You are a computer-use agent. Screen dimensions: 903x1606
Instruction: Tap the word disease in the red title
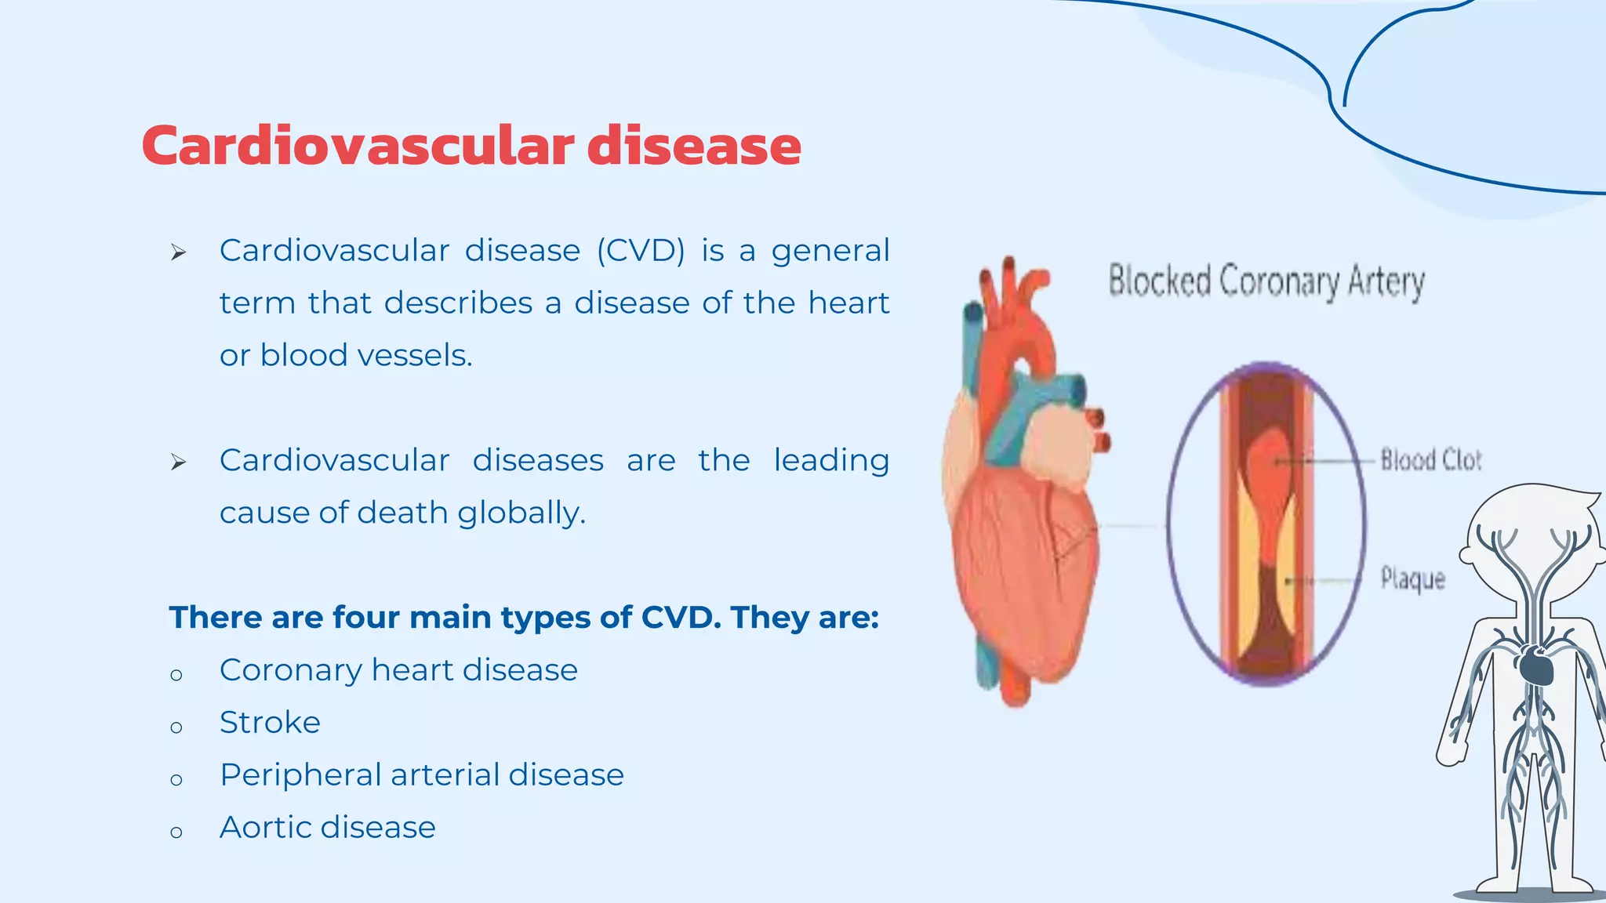[x=694, y=146]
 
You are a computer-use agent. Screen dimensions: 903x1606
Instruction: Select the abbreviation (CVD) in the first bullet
[x=641, y=251]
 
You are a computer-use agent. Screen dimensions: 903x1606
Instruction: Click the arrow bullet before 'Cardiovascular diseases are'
[x=179, y=462]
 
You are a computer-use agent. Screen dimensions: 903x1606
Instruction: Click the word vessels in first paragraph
[x=415, y=356]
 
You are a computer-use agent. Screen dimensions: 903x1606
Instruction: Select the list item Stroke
[x=270, y=722]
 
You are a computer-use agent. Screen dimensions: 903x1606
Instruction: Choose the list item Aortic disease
[x=327, y=827]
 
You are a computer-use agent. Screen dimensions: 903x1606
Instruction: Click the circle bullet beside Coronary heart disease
[x=176, y=675]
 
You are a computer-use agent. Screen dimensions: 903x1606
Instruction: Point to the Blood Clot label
[x=1430, y=460]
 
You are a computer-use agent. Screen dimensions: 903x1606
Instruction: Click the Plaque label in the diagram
[x=1412, y=579]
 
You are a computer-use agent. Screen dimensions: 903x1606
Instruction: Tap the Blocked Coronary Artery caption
[x=1266, y=281]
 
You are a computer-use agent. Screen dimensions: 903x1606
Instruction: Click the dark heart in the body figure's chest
[x=1535, y=665]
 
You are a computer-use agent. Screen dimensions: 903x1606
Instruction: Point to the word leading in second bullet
[x=831, y=460]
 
